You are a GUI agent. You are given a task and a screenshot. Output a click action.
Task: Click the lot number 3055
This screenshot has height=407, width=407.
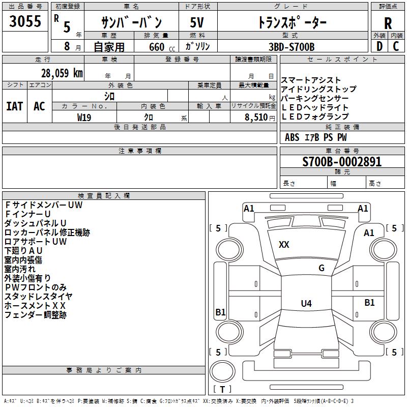(25, 21)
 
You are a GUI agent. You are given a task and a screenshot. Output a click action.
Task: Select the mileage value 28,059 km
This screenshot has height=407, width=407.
(62, 73)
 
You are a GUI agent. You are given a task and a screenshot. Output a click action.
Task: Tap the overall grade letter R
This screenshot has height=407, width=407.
(388, 23)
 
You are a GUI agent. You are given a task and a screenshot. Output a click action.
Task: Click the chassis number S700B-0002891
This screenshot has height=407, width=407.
(342, 162)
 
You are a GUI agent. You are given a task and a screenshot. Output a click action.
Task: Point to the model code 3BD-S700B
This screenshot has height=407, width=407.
(292, 47)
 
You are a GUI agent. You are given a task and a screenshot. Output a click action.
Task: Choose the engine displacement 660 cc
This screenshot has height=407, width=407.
(162, 47)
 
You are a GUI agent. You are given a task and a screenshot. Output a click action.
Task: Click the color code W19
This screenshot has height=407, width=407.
(84, 118)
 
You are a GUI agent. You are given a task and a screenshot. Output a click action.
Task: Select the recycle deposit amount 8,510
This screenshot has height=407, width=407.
(256, 118)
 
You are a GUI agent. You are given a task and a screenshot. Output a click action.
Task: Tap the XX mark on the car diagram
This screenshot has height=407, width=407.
(284, 245)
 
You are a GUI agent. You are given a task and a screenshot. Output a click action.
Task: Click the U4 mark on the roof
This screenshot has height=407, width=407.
(306, 303)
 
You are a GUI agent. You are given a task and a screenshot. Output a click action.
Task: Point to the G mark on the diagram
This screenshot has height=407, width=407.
(322, 268)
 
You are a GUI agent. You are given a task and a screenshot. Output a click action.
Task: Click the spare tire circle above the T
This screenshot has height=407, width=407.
(222, 371)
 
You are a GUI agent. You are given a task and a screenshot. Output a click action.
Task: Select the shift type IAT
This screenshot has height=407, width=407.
(15, 106)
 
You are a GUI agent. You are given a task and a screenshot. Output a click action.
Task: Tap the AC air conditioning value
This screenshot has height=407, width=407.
(40, 106)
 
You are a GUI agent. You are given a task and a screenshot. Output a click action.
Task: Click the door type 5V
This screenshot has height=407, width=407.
(197, 22)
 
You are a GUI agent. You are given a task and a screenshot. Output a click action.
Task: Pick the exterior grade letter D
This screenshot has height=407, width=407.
(380, 46)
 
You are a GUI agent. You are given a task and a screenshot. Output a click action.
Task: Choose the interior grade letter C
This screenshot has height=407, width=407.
(396, 46)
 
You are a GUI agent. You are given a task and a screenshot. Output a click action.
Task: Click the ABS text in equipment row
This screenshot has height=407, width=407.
(292, 137)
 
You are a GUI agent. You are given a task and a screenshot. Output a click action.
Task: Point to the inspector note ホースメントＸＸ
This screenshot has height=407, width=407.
(35, 306)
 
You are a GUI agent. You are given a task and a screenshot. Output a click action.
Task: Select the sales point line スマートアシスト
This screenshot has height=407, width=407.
(311, 80)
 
